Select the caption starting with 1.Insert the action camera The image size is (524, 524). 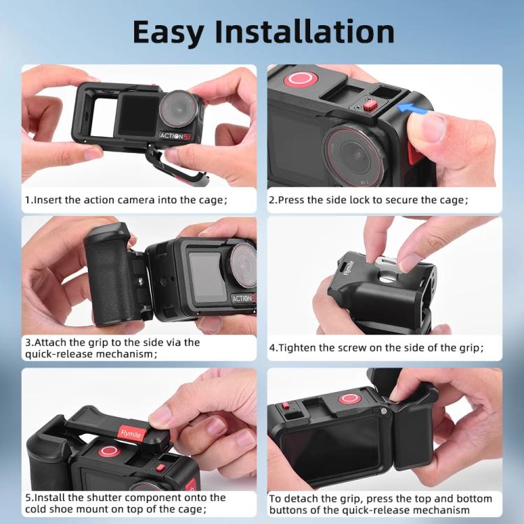coord(126,200)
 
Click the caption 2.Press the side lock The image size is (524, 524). coord(369,200)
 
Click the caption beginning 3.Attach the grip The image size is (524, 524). coord(112,348)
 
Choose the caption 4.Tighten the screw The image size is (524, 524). coord(377,347)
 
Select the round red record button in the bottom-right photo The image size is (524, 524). coord(350,399)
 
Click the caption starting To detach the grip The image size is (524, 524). coord(381,504)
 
